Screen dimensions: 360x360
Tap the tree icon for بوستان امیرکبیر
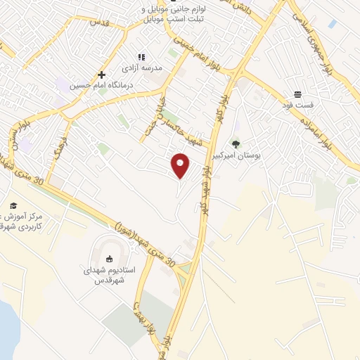click(236, 143)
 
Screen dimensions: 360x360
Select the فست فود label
click(297, 105)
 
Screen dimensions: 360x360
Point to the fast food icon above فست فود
click(297, 94)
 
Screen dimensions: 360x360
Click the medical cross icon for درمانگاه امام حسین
click(102, 74)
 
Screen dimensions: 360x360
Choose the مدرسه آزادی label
click(143, 67)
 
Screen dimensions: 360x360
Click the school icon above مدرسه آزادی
click(141, 57)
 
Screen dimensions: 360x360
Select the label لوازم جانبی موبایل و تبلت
click(160, 13)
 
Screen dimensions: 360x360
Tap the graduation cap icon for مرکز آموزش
click(12, 205)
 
